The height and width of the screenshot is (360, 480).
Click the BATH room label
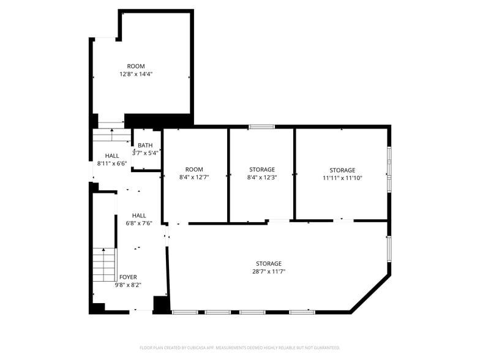[x=145, y=146]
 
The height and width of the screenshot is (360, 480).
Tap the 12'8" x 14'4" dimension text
[x=136, y=74]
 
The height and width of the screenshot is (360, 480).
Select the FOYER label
[x=128, y=277]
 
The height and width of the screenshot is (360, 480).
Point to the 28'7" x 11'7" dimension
[x=269, y=271]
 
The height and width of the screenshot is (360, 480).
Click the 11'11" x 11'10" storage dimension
[x=343, y=178]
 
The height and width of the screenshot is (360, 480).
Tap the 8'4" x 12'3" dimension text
[x=262, y=177]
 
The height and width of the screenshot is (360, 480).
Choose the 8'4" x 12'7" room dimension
[x=194, y=177]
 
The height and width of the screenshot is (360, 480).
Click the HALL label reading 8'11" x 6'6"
[x=112, y=156]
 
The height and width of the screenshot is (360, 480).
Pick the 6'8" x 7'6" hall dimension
[x=139, y=223]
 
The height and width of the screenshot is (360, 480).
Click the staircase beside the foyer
[x=105, y=264]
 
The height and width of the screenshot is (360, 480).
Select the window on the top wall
[x=261, y=126]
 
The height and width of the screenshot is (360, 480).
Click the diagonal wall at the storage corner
[x=371, y=294]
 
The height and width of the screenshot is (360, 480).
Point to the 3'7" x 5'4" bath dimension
[x=145, y=153]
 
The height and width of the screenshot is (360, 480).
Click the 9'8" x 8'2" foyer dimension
[x=128, y=285]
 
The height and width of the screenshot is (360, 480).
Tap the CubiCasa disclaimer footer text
[x=240, y=348]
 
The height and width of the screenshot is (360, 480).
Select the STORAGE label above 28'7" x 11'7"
[x=269, y=263]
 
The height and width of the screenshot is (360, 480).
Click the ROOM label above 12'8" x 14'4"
[x=136, y=66]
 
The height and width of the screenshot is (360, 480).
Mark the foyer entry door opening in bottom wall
[x=141, y=312]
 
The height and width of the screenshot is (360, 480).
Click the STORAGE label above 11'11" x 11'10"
[x=343, y=170]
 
